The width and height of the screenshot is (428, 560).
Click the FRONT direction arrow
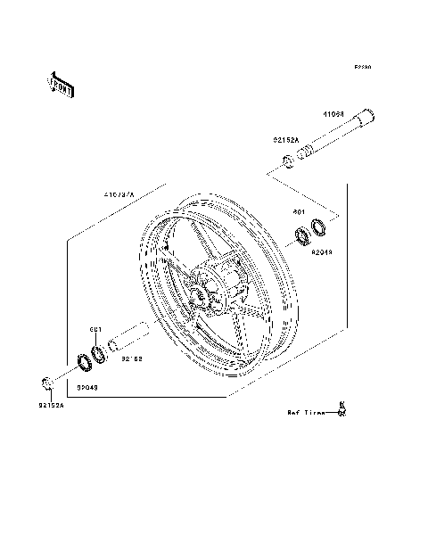point(61,83)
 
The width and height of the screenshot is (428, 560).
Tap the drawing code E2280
point(362,67)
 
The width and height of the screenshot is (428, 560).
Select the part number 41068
point(334,115)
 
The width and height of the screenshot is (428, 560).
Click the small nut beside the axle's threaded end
point(289,161)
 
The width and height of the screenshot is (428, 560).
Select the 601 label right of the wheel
point(300,213)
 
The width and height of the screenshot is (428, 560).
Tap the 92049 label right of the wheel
point(321,252)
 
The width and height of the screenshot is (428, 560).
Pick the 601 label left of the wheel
point(95,329)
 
